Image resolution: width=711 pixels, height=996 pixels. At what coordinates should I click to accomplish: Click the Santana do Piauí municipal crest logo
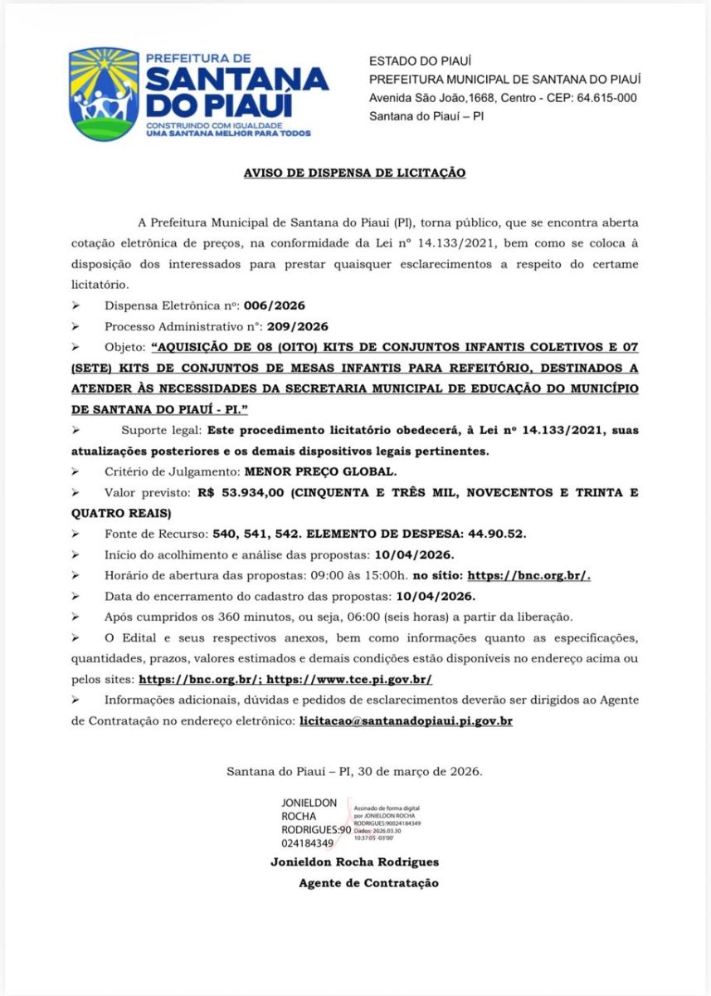click(104, 94)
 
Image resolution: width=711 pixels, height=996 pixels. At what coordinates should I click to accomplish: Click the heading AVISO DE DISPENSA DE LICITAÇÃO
click(354, 173)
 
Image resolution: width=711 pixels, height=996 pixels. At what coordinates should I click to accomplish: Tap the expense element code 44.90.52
click(495, 533)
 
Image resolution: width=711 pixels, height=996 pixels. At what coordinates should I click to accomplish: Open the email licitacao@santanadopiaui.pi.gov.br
click(405, 721)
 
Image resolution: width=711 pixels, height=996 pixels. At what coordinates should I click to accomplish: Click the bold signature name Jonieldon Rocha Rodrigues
click(354, 862)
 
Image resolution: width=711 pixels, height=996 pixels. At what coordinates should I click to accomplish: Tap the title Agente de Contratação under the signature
click(368, 883)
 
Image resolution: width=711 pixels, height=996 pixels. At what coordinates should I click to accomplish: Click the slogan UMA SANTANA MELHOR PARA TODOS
click(228, 133)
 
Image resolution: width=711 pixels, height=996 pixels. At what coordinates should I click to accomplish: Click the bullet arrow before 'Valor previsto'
click(75, 493)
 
